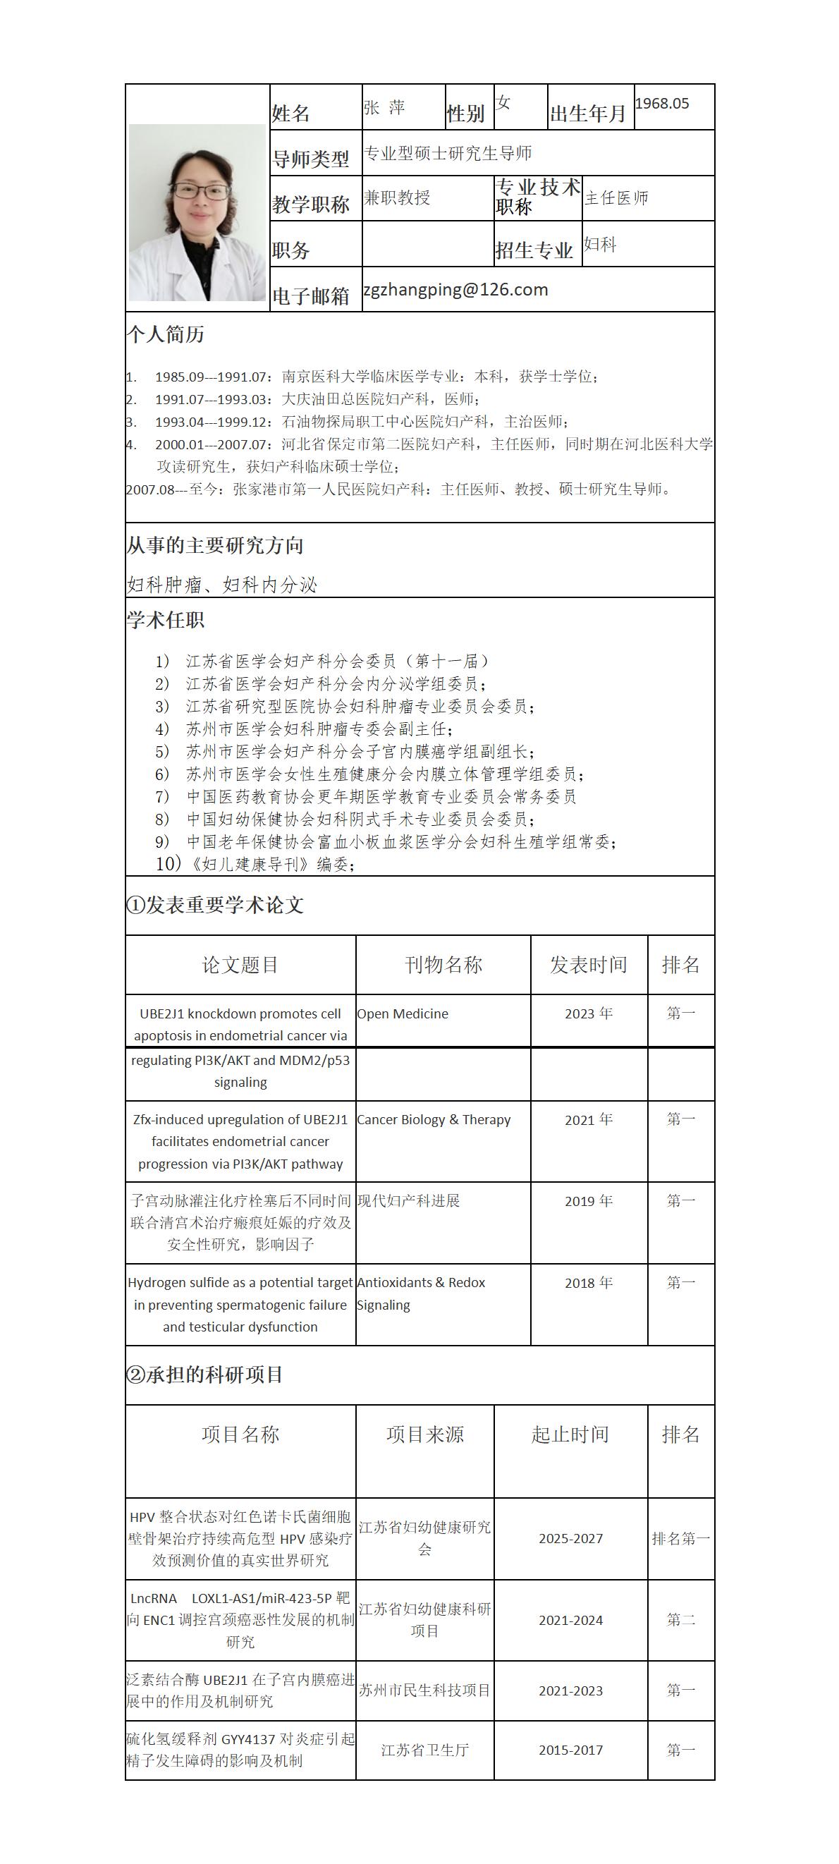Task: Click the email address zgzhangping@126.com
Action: (x=455, y=290)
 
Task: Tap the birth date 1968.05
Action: (x=662, y=104)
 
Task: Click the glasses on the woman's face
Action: (x=200, y=192)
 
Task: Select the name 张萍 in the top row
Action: (x=384, y=108)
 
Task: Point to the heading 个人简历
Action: (x=166, y=334)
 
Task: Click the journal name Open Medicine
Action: (x=403, y=1013)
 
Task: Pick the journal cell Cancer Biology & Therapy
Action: (x=434, y=1119)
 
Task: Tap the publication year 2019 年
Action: (x=589, y=1201)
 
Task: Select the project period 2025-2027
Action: (x=570, y=1538)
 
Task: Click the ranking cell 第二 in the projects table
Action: (x=680, y=1620)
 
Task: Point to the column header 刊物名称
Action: (x=443, y=965)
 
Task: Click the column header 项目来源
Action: (x=425, y=1434)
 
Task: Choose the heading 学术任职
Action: (x=166, y=620)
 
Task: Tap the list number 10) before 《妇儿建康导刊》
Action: (x=168, y=864)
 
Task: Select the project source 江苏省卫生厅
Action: (x=425, y=1750)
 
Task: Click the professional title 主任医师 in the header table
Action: (x=616, y=198)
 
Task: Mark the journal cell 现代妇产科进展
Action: (x=409, y=1201)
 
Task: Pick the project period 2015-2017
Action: (x=570, y=1750)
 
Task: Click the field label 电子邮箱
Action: (x=311, y=296)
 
